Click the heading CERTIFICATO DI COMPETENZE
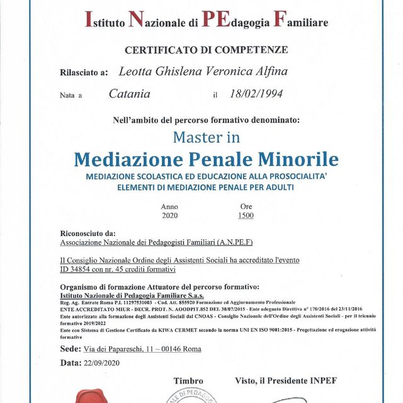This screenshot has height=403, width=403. [x=207, y=50]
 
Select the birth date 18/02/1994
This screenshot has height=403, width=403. [x=257, y=94]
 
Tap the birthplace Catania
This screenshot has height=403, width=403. [x=129, y=94]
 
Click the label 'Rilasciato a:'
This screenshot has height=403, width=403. [x=84, y=74]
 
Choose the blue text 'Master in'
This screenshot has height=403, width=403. [x=206, y=136]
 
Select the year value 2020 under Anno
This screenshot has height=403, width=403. [x=169, y=215]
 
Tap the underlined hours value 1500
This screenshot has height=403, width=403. [x=246, y=215]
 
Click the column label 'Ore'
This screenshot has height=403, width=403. [x=246, y=207]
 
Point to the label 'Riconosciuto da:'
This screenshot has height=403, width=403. [x=88, y=232]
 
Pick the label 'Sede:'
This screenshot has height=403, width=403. [x=71, y=348]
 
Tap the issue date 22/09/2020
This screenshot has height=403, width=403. [x=101, y=363]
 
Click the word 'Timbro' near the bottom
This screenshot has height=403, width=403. [x=188, y=381]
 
